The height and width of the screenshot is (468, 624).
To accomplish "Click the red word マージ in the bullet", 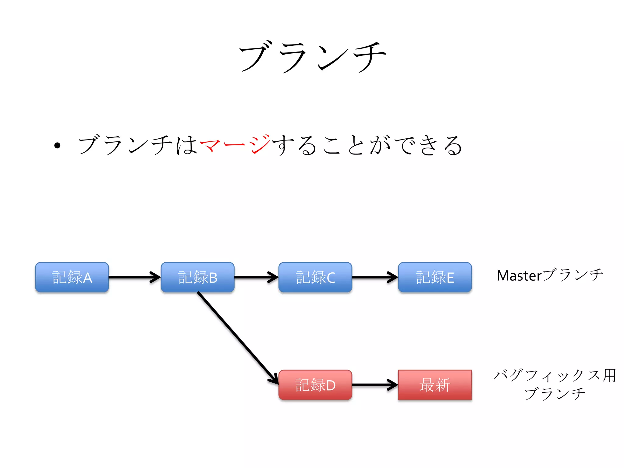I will pos(235,145).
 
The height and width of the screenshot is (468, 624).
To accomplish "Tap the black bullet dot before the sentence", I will pos(57,146).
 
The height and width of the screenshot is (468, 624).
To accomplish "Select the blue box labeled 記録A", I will pos(72,277).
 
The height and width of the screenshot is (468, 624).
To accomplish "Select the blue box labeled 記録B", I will pos(197,277).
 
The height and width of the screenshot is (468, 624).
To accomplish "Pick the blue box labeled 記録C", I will pos(315,277).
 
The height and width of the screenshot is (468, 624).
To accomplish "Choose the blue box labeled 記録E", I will pos(435,277).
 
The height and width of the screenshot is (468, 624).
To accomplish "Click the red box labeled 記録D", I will pos(315,385).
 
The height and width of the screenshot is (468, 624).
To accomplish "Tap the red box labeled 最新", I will pos(435,385).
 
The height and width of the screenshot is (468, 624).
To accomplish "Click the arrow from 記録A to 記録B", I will pos(134,277).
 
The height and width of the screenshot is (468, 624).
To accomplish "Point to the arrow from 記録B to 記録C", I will pos(256,277).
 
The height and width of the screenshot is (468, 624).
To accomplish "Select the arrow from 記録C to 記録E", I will pos(375,277).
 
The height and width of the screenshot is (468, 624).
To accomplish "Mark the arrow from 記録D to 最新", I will pos(375,385).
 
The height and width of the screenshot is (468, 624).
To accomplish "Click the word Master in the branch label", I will pos(519,276).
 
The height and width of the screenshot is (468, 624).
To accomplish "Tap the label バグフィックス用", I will pos(555,375).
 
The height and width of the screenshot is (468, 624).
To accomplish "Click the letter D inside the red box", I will pos(331,385).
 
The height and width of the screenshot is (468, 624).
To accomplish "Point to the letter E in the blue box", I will pos(450,278).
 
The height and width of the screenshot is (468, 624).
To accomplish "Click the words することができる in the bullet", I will pos(367,145).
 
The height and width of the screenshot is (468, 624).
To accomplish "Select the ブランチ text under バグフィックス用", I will pos(555,394).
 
